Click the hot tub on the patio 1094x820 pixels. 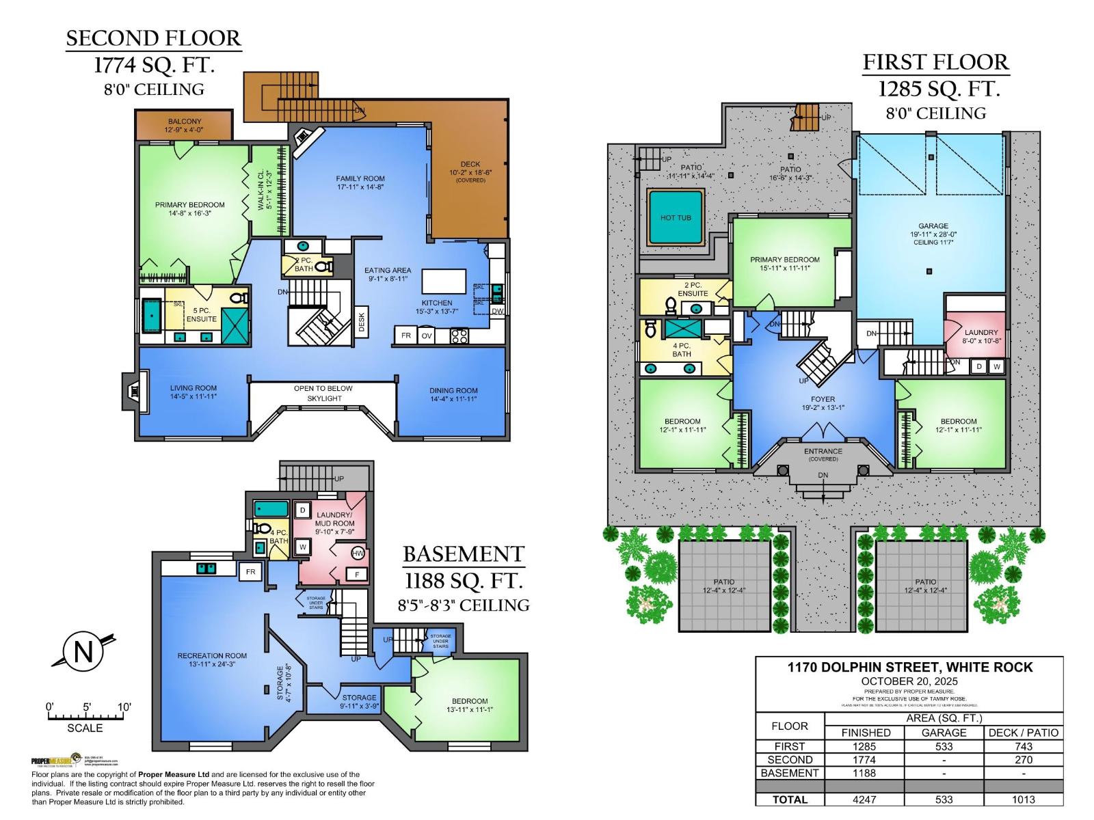[676, 218]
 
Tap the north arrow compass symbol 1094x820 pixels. [83, 651]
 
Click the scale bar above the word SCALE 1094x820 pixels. [85, 716]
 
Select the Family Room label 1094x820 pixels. [360, 178]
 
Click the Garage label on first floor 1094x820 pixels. [933, 226]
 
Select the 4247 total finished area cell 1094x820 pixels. [865, 799]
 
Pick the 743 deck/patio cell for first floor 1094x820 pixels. [1023, 746]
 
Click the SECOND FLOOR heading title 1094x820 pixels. [153, 38]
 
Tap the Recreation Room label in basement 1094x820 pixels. [212, 655]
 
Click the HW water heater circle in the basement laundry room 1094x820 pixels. [358, 553]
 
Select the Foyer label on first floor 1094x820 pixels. [823, 399]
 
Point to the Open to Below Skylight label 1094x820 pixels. [323, 393]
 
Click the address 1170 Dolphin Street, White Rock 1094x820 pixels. [909, 668]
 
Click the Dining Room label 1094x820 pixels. [453, 391]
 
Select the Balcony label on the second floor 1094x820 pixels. [185, 122]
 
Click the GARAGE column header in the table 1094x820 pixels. [944, 733]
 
